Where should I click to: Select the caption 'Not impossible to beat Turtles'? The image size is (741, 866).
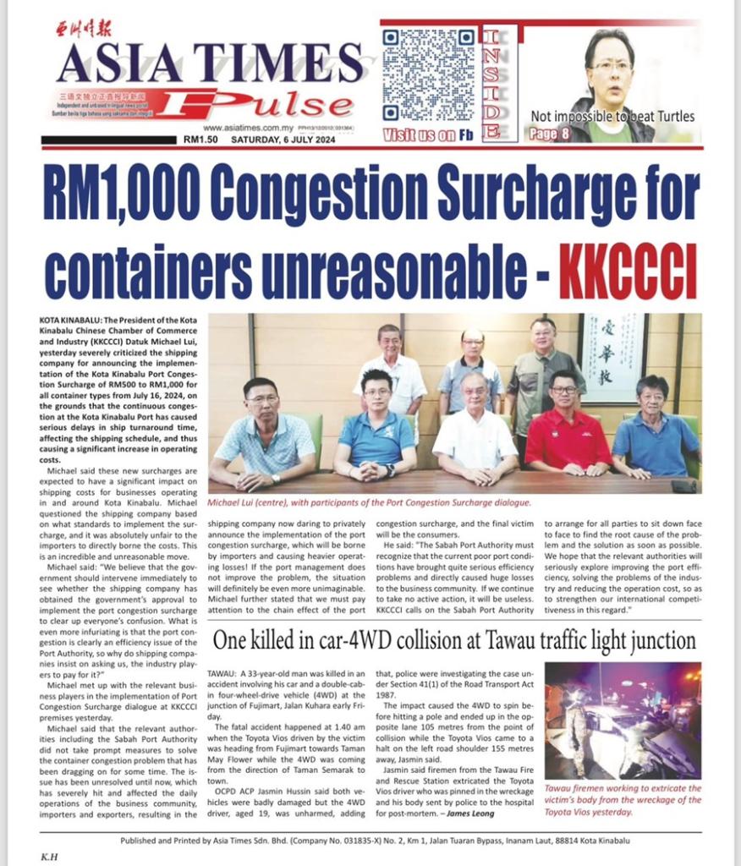click(x=612, y=116)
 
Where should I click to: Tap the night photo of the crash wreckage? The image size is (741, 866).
click(x=623, y=720)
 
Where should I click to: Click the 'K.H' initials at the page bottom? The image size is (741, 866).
click(x=50, y=855)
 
